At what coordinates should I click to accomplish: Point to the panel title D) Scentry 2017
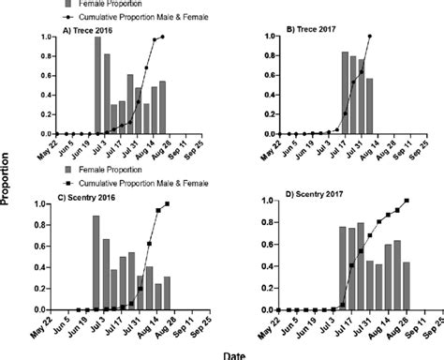coord(311,197)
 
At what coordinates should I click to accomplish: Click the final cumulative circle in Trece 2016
coord(162,37)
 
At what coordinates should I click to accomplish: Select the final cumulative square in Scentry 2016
coord(168,204)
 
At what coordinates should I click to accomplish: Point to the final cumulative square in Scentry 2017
coord(407,201)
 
